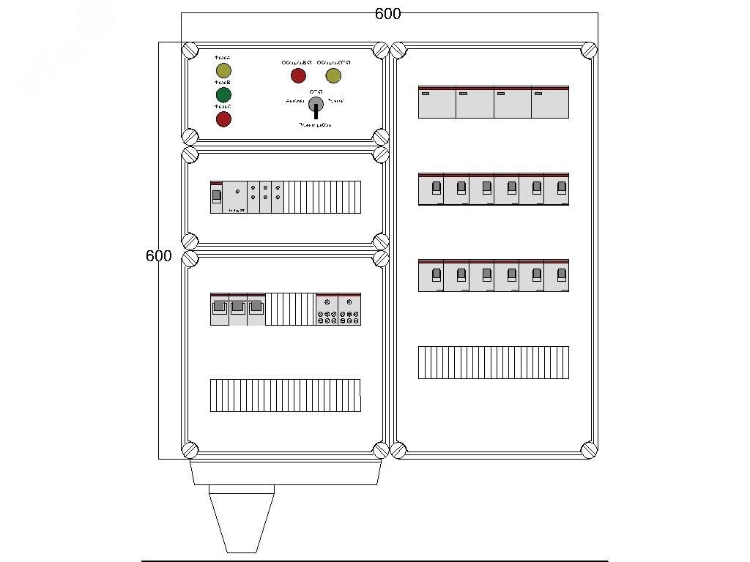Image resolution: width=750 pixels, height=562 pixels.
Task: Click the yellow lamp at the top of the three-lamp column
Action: [223, 70]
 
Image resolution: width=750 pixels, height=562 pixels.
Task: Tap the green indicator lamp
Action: [223, 95]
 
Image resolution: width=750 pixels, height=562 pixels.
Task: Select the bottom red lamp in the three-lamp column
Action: [223, 119]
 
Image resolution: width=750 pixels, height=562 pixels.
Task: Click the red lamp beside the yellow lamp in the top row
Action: [298, 75]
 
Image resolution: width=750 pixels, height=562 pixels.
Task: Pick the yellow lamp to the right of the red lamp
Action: [333, 75]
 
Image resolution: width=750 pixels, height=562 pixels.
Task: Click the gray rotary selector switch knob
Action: [316, 104]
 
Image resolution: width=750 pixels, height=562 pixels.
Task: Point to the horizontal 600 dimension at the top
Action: [387, 14]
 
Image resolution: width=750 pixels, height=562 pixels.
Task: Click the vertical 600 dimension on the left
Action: [158, 256]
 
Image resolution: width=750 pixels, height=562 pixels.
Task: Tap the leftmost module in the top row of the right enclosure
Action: [437, 102]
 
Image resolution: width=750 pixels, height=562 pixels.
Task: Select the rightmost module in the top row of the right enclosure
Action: [550, 102]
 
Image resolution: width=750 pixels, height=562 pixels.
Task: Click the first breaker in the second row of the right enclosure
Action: [431, 189]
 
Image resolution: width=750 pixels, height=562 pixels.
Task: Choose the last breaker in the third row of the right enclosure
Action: [557, 275]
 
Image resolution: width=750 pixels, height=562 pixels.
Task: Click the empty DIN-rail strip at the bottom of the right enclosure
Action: [493, 362]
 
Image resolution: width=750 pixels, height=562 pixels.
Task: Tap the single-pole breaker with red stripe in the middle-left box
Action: [216, 197]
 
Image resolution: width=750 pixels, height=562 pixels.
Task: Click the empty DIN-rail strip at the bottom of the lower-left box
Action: [285, 395]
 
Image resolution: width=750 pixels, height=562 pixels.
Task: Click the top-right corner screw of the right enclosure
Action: [589, 50]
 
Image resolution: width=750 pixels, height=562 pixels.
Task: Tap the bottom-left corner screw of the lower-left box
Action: [190, 449]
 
